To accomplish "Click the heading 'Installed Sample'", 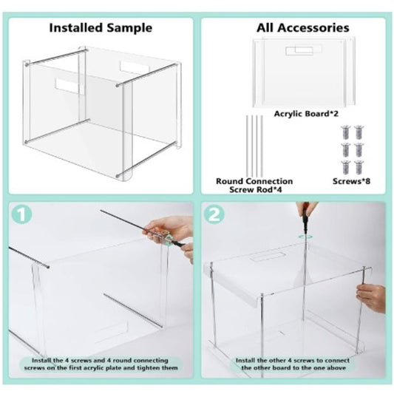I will pyautogui.click(x=100, y=28).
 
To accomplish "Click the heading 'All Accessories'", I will pyautogui.click(x=302, y=28).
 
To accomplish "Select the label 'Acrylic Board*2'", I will pyautogui.click(x=305, y=114).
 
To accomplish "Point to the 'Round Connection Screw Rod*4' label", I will pyautogui.click(x=254, y=186).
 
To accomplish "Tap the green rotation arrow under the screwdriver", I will pyautogui.click(x=302, y=236).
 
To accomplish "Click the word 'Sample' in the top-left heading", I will pyautogui.click(x=132, y=28).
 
